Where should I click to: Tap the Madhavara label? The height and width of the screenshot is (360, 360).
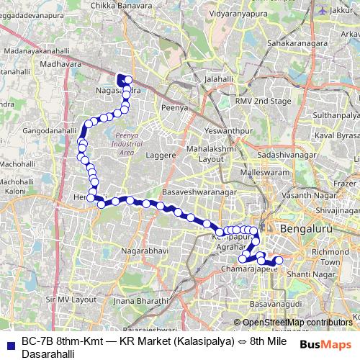point(58,63)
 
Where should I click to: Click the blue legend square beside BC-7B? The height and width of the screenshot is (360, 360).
point(9,342)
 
